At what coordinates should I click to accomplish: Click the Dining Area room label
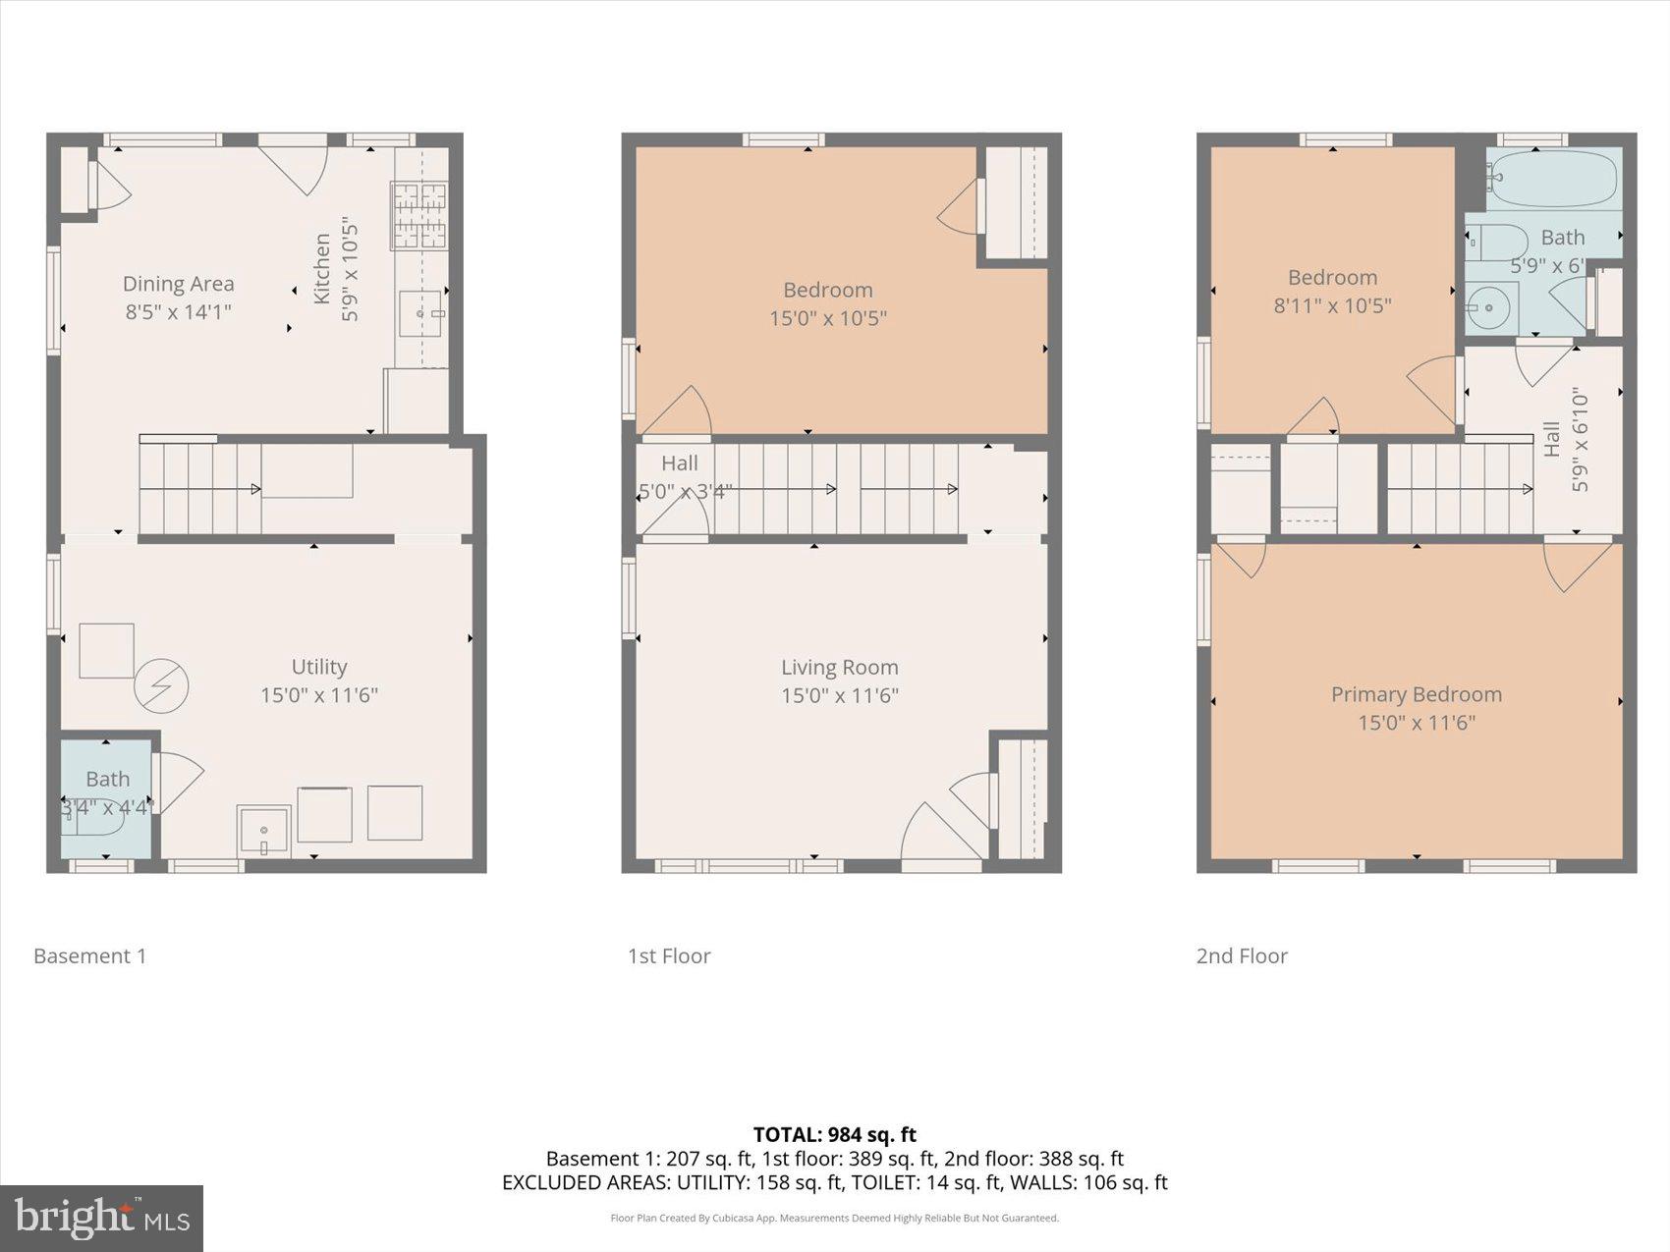(x=178, y=284)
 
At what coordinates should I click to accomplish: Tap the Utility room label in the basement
(x=318, y=667)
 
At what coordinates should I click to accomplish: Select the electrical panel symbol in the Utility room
(x=161, y=685)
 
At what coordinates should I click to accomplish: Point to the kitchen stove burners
(x=419, y=215)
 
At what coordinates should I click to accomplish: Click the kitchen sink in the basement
(x=422, y=313)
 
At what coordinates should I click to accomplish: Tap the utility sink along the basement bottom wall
(x=263, y=831)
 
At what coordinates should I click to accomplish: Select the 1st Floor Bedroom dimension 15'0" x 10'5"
(x=827, y=318)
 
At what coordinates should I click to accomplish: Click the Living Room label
(x=839, y=667)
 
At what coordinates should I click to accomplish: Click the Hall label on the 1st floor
(x=679, y=463)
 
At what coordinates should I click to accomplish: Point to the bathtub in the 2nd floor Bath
(x=1551, y=179)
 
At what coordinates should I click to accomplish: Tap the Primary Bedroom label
(x=1416, y=694)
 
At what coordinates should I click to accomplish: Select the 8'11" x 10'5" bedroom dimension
(x=1332, y=305)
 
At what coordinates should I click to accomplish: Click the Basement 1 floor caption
(x=89, y=955)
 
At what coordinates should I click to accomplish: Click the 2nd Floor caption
(x=1241, y=955)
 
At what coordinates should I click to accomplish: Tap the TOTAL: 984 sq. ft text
(x=834, y=1135)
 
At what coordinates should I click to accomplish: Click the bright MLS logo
(x=101, y=1219)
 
